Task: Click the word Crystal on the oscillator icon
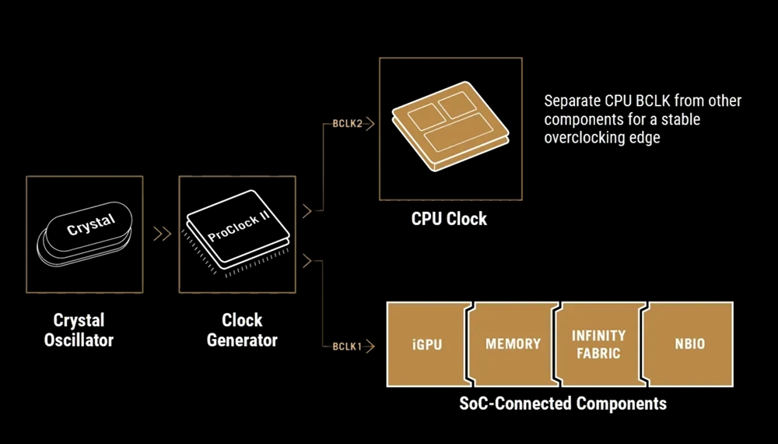(x=90, y=225)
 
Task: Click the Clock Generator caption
(x=242, y=330)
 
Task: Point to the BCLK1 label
(x=347, y=346)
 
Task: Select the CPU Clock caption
(x=449, y=219)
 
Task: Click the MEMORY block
(x=513, y=344)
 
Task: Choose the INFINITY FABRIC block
(x=598, y=344)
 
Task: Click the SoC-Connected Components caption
(x=562, y=403)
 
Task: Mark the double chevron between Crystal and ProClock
(x=162, y=234)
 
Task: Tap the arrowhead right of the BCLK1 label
(x=370, y=346)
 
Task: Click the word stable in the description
(x=682, y=119)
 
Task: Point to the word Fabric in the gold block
(x=599, y=353)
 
